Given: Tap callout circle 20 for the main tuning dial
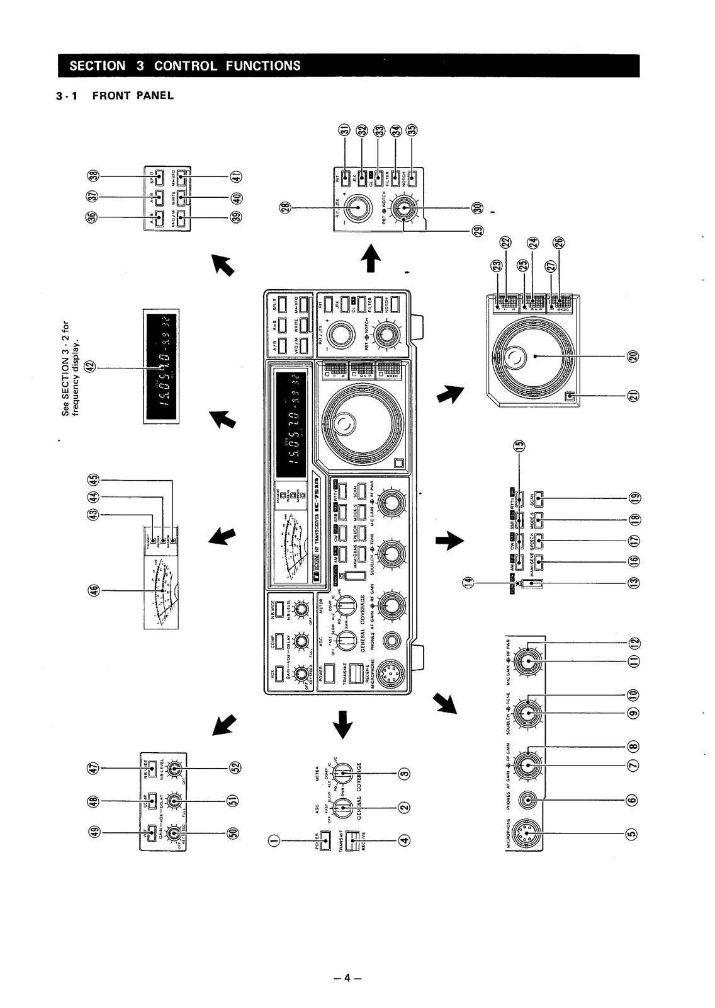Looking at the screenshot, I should click(633, 356).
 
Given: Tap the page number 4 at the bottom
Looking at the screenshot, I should click(347, 978).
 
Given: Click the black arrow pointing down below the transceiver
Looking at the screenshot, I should click(342, 724).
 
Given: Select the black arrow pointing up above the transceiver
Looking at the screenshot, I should click(371, 258).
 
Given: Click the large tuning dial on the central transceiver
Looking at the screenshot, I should click(362, 421).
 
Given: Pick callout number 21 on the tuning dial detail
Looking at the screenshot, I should click(633, 396).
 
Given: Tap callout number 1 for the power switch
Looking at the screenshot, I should click(272, 839).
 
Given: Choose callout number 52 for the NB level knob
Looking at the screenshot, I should click(235, 767).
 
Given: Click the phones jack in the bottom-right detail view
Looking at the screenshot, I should click(528, 800).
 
